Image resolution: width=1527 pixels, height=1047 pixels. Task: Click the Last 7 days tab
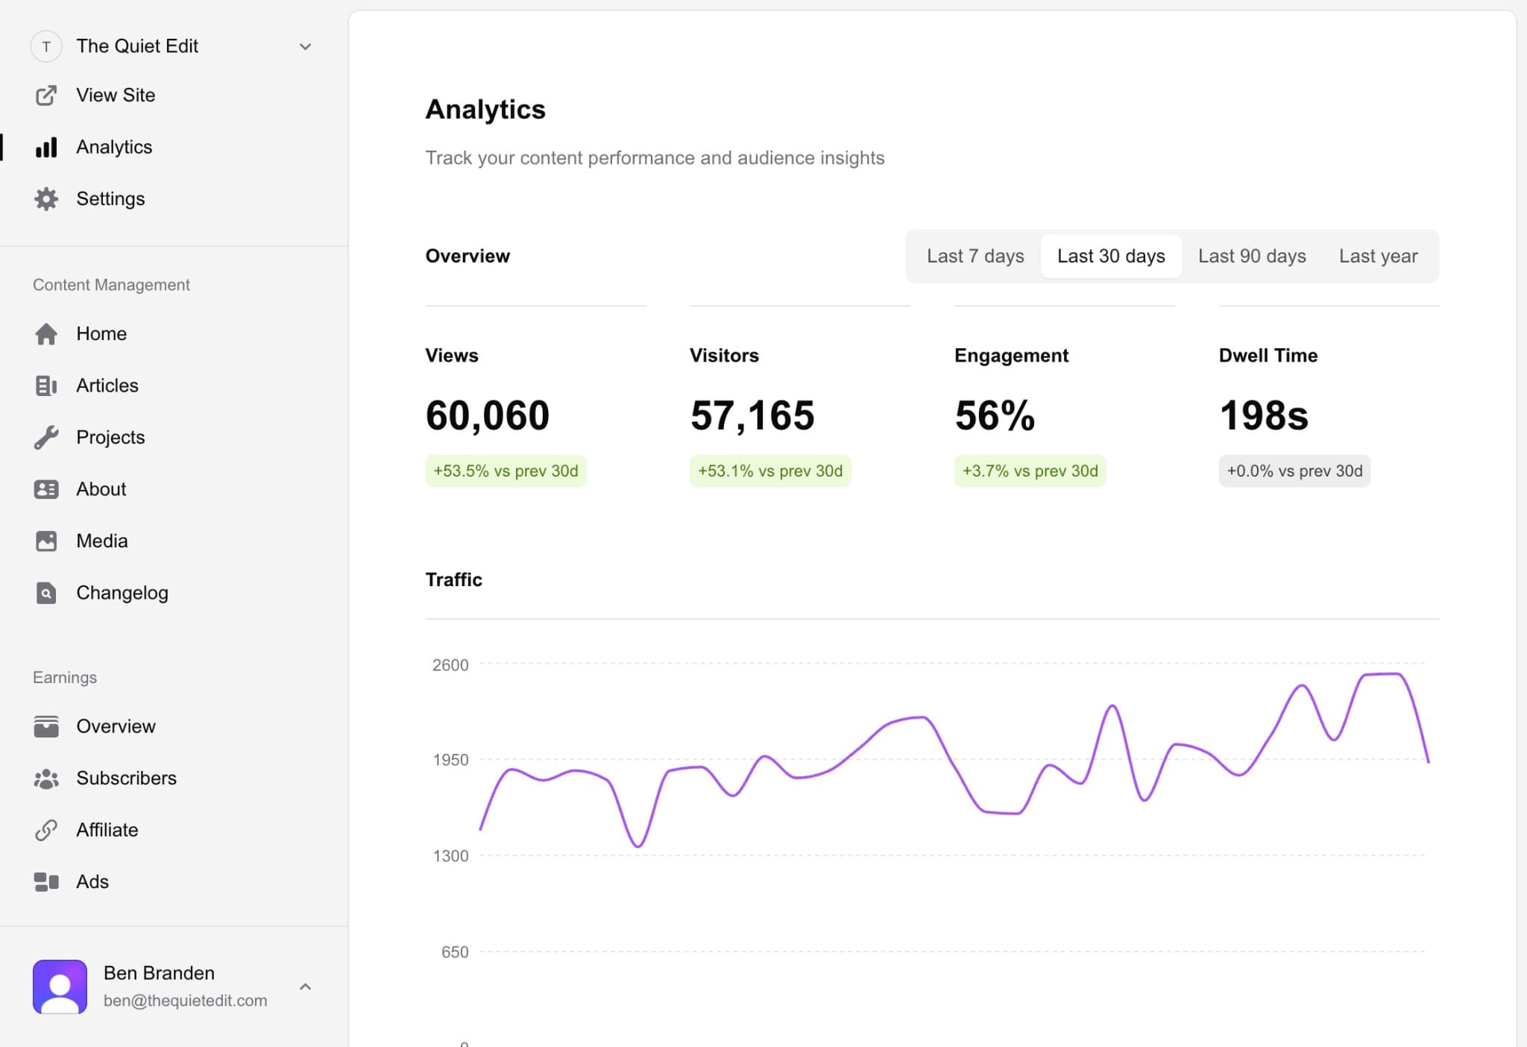pos(975,256)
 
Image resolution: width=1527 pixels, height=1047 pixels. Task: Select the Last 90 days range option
pos(1251,256)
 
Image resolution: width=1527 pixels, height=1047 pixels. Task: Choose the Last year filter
pos(1377,256)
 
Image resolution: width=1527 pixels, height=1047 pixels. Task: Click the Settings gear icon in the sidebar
pos(46,199)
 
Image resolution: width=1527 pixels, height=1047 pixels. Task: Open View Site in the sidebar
pos(115,95)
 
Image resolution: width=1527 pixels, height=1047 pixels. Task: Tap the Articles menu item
pos(107,386)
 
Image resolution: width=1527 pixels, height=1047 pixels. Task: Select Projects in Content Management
pos(110,437)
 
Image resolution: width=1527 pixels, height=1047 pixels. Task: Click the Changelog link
pos(122,593)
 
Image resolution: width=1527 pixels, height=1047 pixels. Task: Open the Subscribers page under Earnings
pos(126,778)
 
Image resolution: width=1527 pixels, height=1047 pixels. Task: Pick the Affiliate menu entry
pos(107,830)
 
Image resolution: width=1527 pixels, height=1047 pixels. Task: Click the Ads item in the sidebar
pos(92,881)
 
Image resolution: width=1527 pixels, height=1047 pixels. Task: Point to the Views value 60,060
pos(487,415)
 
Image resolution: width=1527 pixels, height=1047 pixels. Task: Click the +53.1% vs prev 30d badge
pos(769,471)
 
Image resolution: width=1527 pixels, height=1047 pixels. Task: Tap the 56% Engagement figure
pos(994,415)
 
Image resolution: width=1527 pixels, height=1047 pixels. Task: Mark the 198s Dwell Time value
pos(1263,415)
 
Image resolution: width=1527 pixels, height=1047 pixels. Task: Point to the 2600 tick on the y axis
pos(450,664)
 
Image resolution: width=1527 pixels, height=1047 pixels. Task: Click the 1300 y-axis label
pos(450,855)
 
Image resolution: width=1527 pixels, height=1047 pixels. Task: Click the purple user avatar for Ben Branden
pos(60,986)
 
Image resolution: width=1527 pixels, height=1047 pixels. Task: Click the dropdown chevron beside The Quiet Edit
pos(305,47)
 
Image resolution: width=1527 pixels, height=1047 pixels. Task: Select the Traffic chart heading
pos(453,579)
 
